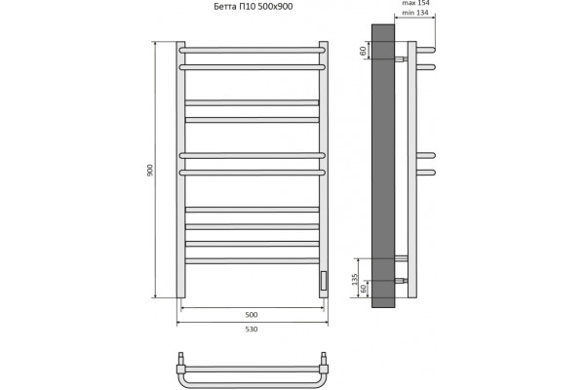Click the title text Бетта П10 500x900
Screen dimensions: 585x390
253,7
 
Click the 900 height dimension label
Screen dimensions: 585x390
150,171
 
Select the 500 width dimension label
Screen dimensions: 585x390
252,315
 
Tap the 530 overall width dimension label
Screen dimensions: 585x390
252,330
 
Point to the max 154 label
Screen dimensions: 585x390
415,3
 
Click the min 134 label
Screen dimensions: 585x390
415,13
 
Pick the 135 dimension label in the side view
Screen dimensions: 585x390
355,279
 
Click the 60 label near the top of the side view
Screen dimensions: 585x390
363,51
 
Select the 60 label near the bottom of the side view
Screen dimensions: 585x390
363,289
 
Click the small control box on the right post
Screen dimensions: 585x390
323,281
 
